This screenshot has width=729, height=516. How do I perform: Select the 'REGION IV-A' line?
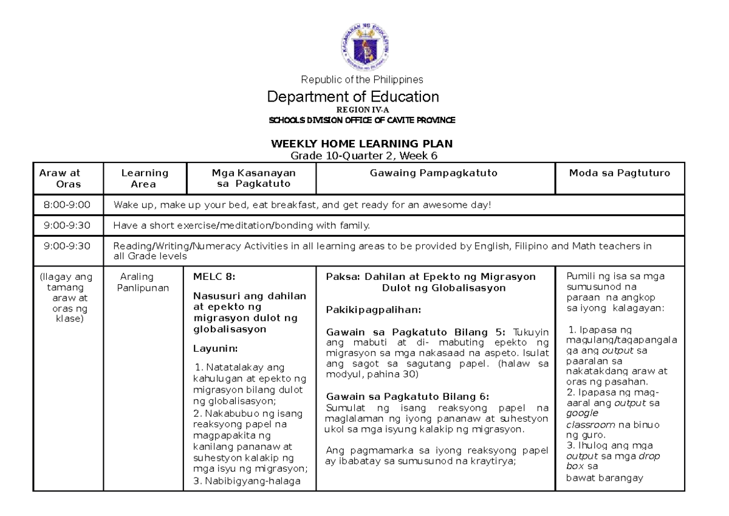pyautogui.click(x=362, y=110)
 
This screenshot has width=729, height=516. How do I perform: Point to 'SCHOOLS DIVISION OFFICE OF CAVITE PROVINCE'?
pyautogui.click(x=362, y=120)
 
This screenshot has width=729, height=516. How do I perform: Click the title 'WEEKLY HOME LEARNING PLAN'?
pyautogui.click(x=362, y=144)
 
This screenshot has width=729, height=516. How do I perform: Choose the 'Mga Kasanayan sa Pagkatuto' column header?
pyautogui.click(x=250, y=178)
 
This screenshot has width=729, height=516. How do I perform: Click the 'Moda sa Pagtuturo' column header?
pyautogui.click(x=619, y=173)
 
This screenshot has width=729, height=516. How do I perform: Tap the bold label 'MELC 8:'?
pyautogui.click(x=209, y=277)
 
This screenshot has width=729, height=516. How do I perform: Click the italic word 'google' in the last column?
pyautogui.click(x=582, y=412)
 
